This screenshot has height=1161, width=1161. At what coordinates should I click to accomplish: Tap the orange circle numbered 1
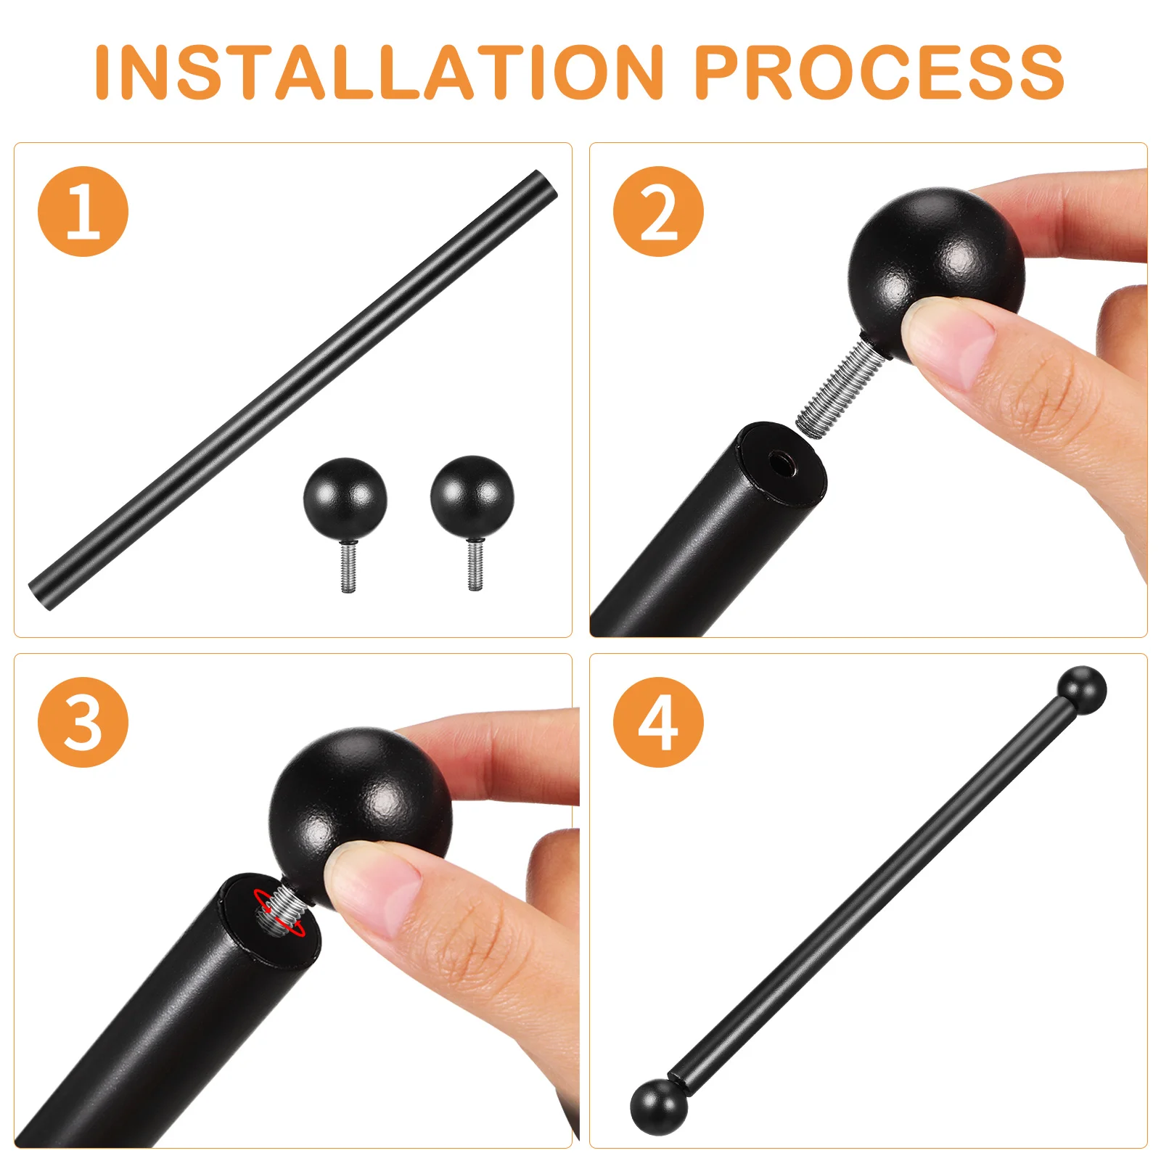coord(83,211)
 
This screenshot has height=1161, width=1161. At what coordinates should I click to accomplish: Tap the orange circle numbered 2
coord(658,211)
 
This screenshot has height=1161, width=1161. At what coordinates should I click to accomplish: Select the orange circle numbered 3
coord(83,722)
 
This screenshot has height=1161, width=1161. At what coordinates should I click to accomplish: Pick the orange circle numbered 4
coord(658,722)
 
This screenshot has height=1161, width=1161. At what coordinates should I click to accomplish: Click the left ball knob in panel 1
coord(345,499)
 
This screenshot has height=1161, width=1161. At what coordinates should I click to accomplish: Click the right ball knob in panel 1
coord(472,496)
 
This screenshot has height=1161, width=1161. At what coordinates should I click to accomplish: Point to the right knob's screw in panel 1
coord(475,565)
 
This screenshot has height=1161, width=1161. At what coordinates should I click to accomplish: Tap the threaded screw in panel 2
coord(840,390)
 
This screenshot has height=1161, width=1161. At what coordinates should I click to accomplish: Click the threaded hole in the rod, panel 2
coord(782,462)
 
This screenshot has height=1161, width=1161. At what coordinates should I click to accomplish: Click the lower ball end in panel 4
coord(658,1107)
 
